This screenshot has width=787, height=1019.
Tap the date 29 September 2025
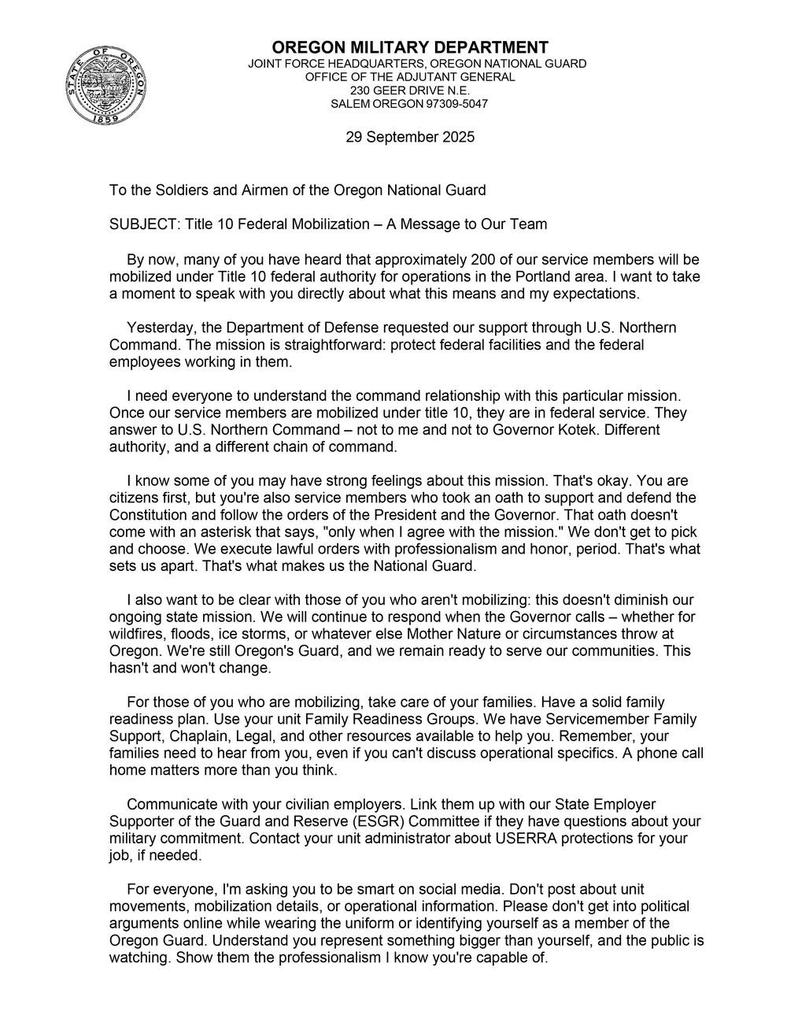tap(410, 137)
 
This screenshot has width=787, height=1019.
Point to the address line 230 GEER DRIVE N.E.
tap(410, 91)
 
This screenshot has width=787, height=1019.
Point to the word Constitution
tap(149, 515)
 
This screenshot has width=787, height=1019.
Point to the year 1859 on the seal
tap(105, 119)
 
